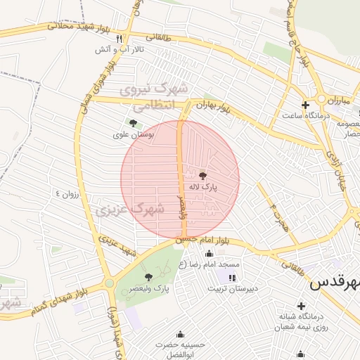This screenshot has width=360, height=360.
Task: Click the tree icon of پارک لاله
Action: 203,176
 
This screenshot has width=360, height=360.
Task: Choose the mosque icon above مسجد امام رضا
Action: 209,254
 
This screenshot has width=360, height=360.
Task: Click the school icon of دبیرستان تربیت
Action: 233,278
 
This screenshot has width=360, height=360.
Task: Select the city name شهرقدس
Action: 335,283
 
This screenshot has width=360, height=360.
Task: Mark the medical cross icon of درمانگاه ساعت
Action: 304,105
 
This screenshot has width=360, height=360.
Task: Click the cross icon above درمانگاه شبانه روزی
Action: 301,306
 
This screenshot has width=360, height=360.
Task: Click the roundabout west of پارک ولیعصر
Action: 110,283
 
